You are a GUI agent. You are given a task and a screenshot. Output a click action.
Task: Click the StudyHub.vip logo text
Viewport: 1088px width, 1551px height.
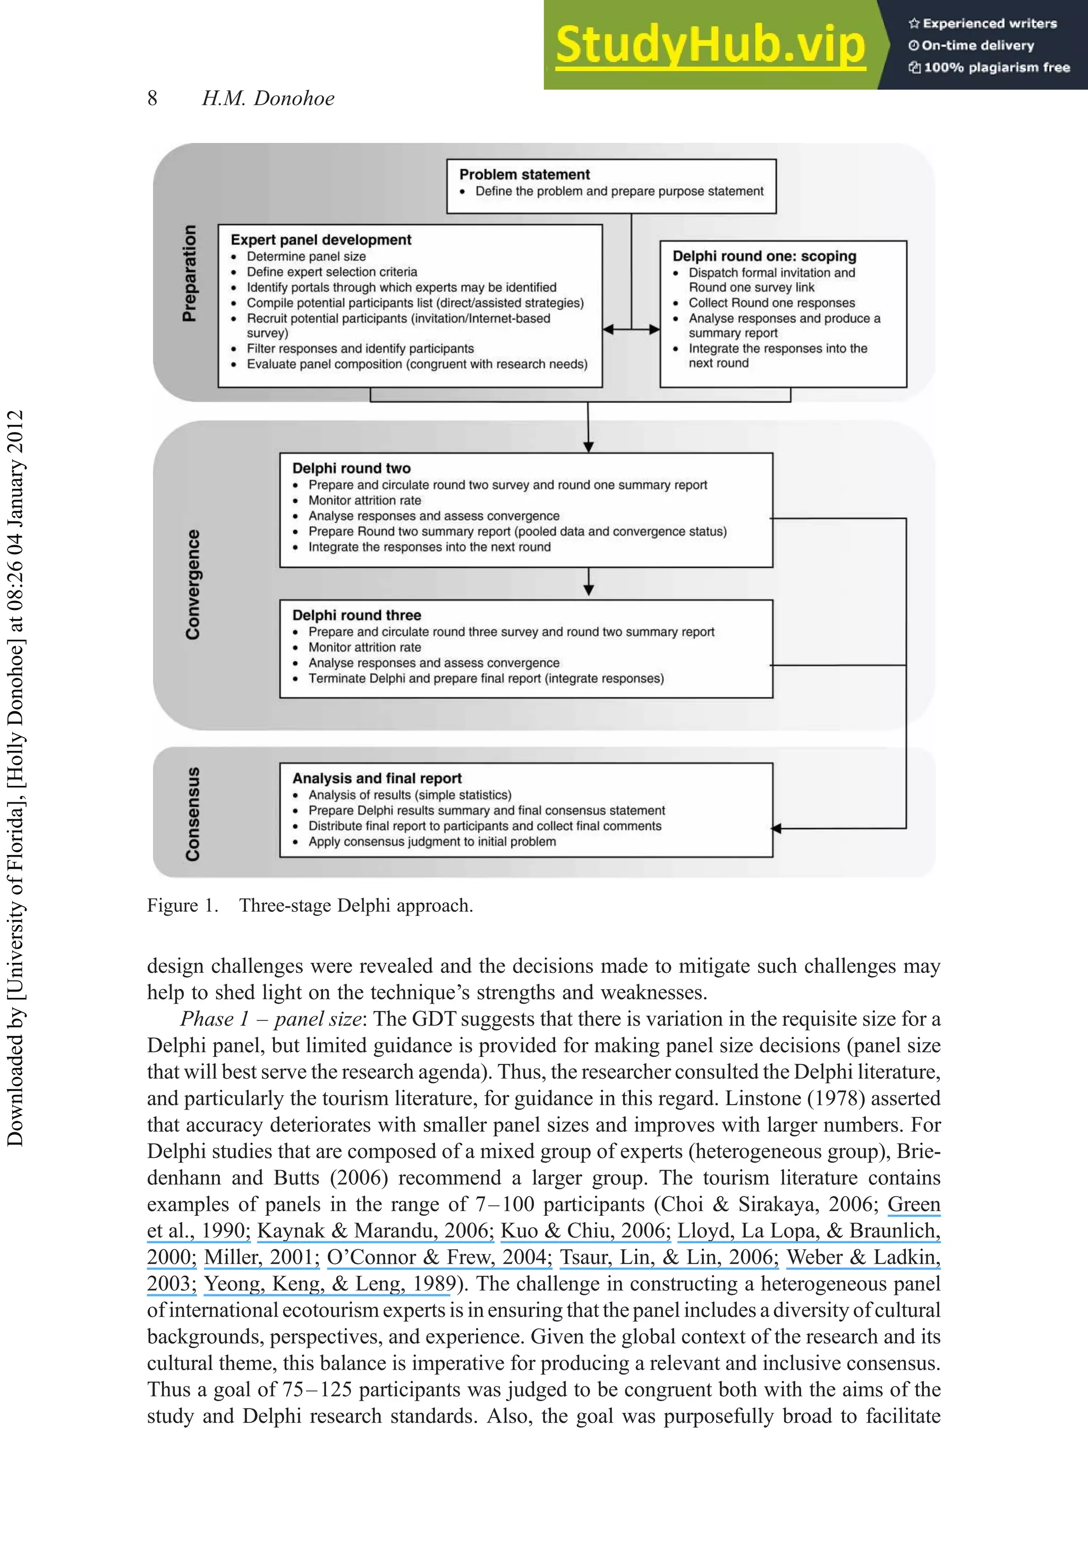pos(710,45)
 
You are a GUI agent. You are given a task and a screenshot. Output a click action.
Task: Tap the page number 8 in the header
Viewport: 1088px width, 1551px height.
pos(152,99)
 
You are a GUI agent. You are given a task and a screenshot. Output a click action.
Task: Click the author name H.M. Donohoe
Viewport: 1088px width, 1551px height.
pos(268,99)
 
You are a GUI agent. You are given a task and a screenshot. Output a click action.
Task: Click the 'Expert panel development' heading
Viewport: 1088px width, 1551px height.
pos(321,240)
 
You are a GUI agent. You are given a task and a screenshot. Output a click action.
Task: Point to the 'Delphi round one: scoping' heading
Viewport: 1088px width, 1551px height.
pos(764,256)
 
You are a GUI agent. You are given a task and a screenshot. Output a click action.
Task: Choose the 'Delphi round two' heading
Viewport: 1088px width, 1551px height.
pos(351,468)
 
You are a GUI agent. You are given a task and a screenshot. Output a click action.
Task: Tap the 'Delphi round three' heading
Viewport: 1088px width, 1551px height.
pos(356,615)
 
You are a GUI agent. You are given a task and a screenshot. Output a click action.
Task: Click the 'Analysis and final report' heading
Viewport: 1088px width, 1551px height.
pos(377,778)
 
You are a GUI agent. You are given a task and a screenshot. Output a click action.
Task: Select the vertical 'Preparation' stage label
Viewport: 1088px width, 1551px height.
pos(190,273)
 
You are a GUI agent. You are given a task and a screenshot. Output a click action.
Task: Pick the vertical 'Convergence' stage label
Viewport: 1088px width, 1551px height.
pos(192,584)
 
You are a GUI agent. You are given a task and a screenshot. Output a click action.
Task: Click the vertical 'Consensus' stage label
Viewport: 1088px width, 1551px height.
pos(192,814)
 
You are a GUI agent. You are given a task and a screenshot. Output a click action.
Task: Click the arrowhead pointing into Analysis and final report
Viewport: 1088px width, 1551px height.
pos(777,828)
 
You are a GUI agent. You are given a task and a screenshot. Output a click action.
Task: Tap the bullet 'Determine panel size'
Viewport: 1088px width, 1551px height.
pos(306,257)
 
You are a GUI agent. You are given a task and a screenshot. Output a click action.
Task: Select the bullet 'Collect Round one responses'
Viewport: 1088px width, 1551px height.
pos(771,303)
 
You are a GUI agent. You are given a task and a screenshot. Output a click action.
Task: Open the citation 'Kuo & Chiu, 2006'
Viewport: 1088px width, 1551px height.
pos(584,1231)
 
